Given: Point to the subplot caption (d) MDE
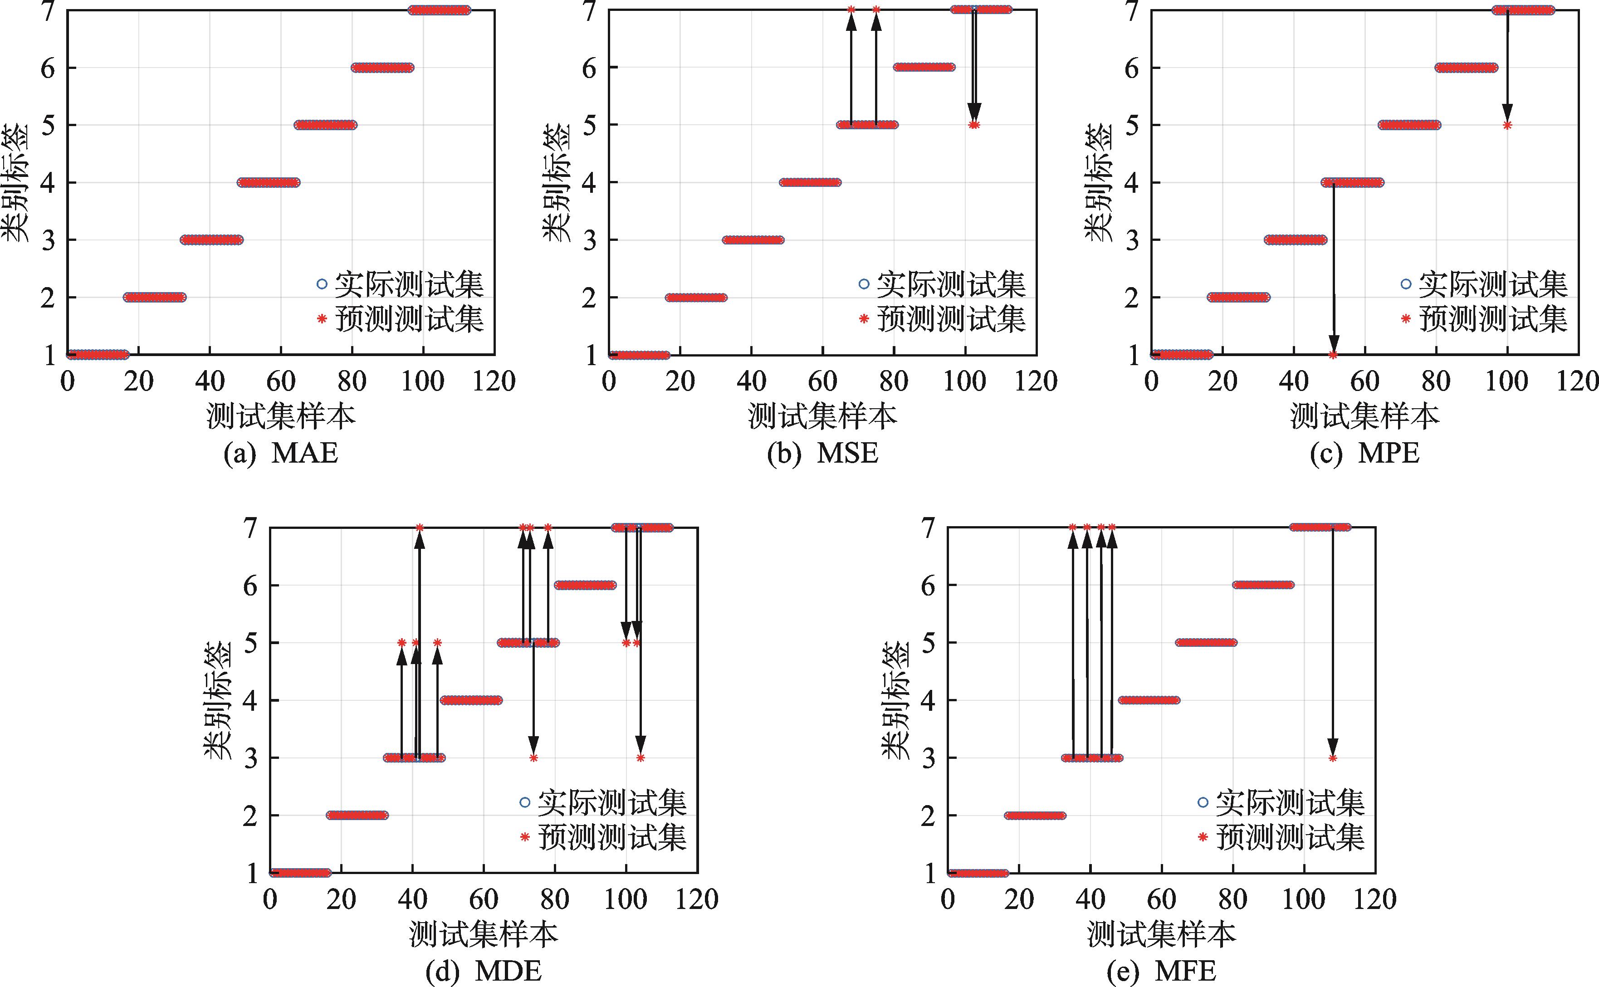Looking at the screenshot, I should pos(483,971).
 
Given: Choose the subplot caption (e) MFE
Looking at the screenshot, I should pos(1162,971).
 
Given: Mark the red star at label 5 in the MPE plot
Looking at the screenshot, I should pos(1507,125).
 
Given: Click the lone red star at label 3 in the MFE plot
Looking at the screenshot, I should pos(1333,758).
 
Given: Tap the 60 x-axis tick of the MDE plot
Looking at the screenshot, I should pos(484,899).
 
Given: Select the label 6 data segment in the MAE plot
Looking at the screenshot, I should pos(382,67).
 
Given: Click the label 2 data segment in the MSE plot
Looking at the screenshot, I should pos(696,298).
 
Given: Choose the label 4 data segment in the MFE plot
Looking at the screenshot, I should pos(1149,700).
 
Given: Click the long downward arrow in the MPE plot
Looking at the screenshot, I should pos(1333,268).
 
